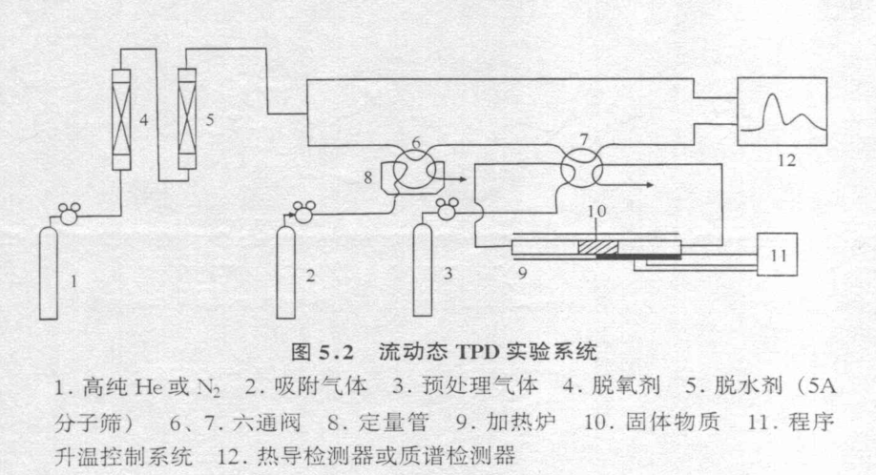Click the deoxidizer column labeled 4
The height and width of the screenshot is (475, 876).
pos(121,118)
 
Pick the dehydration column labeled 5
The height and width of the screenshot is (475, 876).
pos(186,118)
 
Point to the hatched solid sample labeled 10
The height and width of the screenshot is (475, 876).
pos(599,247)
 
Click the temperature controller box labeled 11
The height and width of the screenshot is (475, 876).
pos(776,254)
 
